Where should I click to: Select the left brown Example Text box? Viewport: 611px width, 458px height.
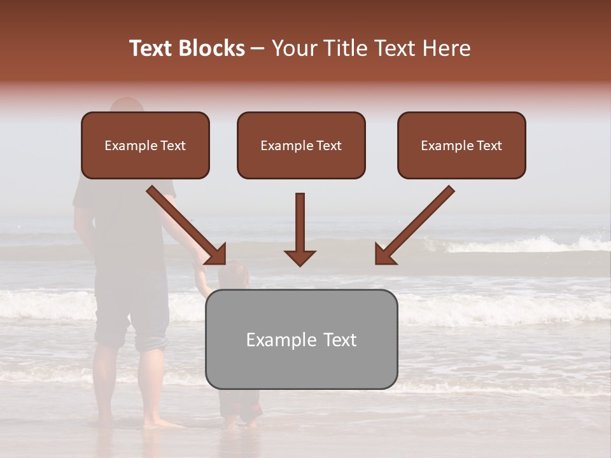(145, 145)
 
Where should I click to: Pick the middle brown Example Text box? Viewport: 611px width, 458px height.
(301, 145)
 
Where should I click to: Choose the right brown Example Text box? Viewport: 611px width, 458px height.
(461, 145)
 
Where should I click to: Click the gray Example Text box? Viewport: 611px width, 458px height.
(301, 339)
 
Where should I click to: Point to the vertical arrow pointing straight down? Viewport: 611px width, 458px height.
(300, 229)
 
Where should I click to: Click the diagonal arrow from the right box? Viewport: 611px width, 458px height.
(414, 225)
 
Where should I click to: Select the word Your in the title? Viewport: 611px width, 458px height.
(293, 48)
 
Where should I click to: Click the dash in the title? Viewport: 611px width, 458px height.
(258, 48)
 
